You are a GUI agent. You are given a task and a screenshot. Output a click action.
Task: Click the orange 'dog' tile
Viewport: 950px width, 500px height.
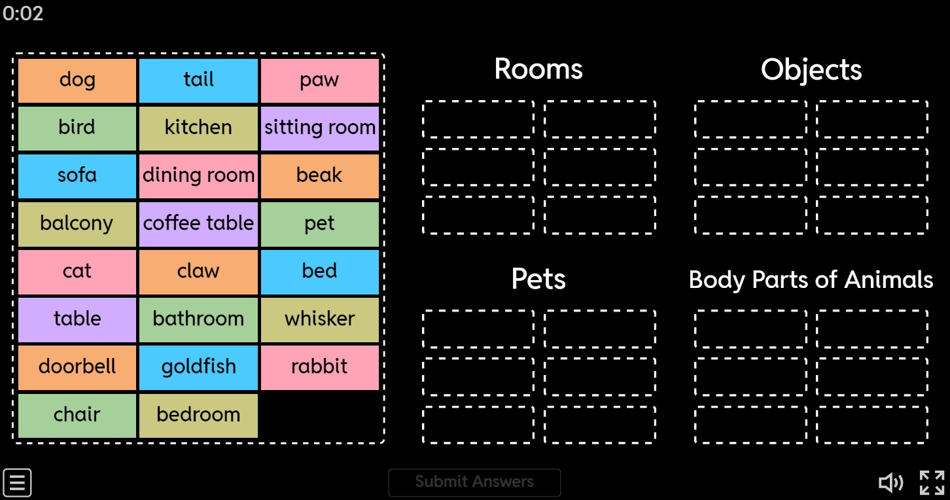77,80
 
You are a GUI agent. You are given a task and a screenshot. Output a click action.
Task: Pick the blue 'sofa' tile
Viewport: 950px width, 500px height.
77,176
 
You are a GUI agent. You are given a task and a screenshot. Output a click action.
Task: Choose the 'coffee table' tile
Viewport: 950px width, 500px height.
198,224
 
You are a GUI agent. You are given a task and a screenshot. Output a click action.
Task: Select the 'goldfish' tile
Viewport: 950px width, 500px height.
198,367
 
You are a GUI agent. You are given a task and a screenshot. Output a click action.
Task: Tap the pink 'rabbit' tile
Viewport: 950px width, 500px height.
320,367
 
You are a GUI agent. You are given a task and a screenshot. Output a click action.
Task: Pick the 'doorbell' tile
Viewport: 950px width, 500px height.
77,367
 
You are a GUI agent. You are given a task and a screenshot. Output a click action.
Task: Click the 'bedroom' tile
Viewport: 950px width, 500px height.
198,415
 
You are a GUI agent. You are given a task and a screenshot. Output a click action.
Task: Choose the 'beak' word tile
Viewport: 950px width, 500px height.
320,176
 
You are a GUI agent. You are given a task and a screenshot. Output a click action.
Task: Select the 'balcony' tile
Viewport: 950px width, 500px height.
77,224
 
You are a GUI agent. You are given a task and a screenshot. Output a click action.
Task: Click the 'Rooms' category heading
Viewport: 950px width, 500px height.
538,69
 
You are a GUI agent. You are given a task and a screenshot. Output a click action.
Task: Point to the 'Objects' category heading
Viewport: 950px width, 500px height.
811,70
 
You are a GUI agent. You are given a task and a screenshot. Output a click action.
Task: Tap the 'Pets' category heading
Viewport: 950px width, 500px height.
538,279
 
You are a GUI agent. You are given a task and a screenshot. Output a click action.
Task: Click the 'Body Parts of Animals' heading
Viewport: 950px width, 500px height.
811,280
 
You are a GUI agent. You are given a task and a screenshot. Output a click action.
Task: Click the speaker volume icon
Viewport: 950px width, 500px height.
890,482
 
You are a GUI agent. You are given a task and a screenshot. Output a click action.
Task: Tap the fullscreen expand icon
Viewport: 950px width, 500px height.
932,482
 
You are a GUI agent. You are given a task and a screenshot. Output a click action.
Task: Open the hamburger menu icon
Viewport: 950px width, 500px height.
18,482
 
